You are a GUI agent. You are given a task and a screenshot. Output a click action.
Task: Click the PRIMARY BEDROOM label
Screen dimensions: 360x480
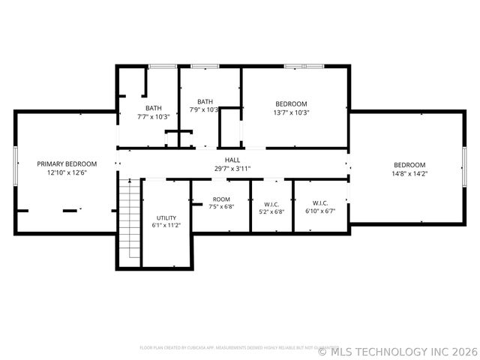click(67, 163)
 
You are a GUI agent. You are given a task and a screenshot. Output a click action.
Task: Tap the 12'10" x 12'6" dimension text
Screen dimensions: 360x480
click(67, 172)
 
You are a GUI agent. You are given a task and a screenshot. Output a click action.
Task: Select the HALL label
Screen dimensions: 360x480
click(232, 160)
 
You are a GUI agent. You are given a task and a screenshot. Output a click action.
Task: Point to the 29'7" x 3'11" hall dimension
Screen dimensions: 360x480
click(232, 169)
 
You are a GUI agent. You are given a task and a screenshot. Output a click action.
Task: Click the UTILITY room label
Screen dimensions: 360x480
click(166, 217)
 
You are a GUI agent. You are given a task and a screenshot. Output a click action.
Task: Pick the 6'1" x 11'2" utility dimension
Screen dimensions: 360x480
click(166, 225)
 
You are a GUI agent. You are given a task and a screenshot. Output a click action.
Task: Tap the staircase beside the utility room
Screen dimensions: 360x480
click(130, 221)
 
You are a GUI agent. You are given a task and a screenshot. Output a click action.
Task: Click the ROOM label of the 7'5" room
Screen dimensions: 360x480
click(221, 199)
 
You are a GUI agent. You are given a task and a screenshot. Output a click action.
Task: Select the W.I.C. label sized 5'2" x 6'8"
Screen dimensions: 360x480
click(271, 203)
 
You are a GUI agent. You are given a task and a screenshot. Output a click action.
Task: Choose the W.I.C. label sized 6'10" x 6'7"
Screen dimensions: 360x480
click(320, 202)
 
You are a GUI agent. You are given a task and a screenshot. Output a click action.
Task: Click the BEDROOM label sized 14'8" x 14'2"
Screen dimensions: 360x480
click(409, 165)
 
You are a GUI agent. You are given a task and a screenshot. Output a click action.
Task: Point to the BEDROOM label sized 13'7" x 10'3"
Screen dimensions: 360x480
click(291, 103)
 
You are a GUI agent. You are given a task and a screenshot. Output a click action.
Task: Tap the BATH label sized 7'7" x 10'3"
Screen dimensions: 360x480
click(154, 108)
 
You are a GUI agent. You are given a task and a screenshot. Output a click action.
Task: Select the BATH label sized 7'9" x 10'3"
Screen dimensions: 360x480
click(205, 101)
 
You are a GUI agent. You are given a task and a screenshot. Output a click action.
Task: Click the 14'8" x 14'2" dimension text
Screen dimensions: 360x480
click(409, 174)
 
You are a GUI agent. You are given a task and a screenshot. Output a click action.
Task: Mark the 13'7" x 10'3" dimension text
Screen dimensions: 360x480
click(291, 112)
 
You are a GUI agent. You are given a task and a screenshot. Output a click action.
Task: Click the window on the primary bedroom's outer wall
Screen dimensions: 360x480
click(15, 167)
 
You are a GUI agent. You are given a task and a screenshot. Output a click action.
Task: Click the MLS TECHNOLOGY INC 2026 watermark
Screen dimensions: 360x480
click(397, 350)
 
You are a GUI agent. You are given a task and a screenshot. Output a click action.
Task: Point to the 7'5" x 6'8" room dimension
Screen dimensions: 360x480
click(221, 207)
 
